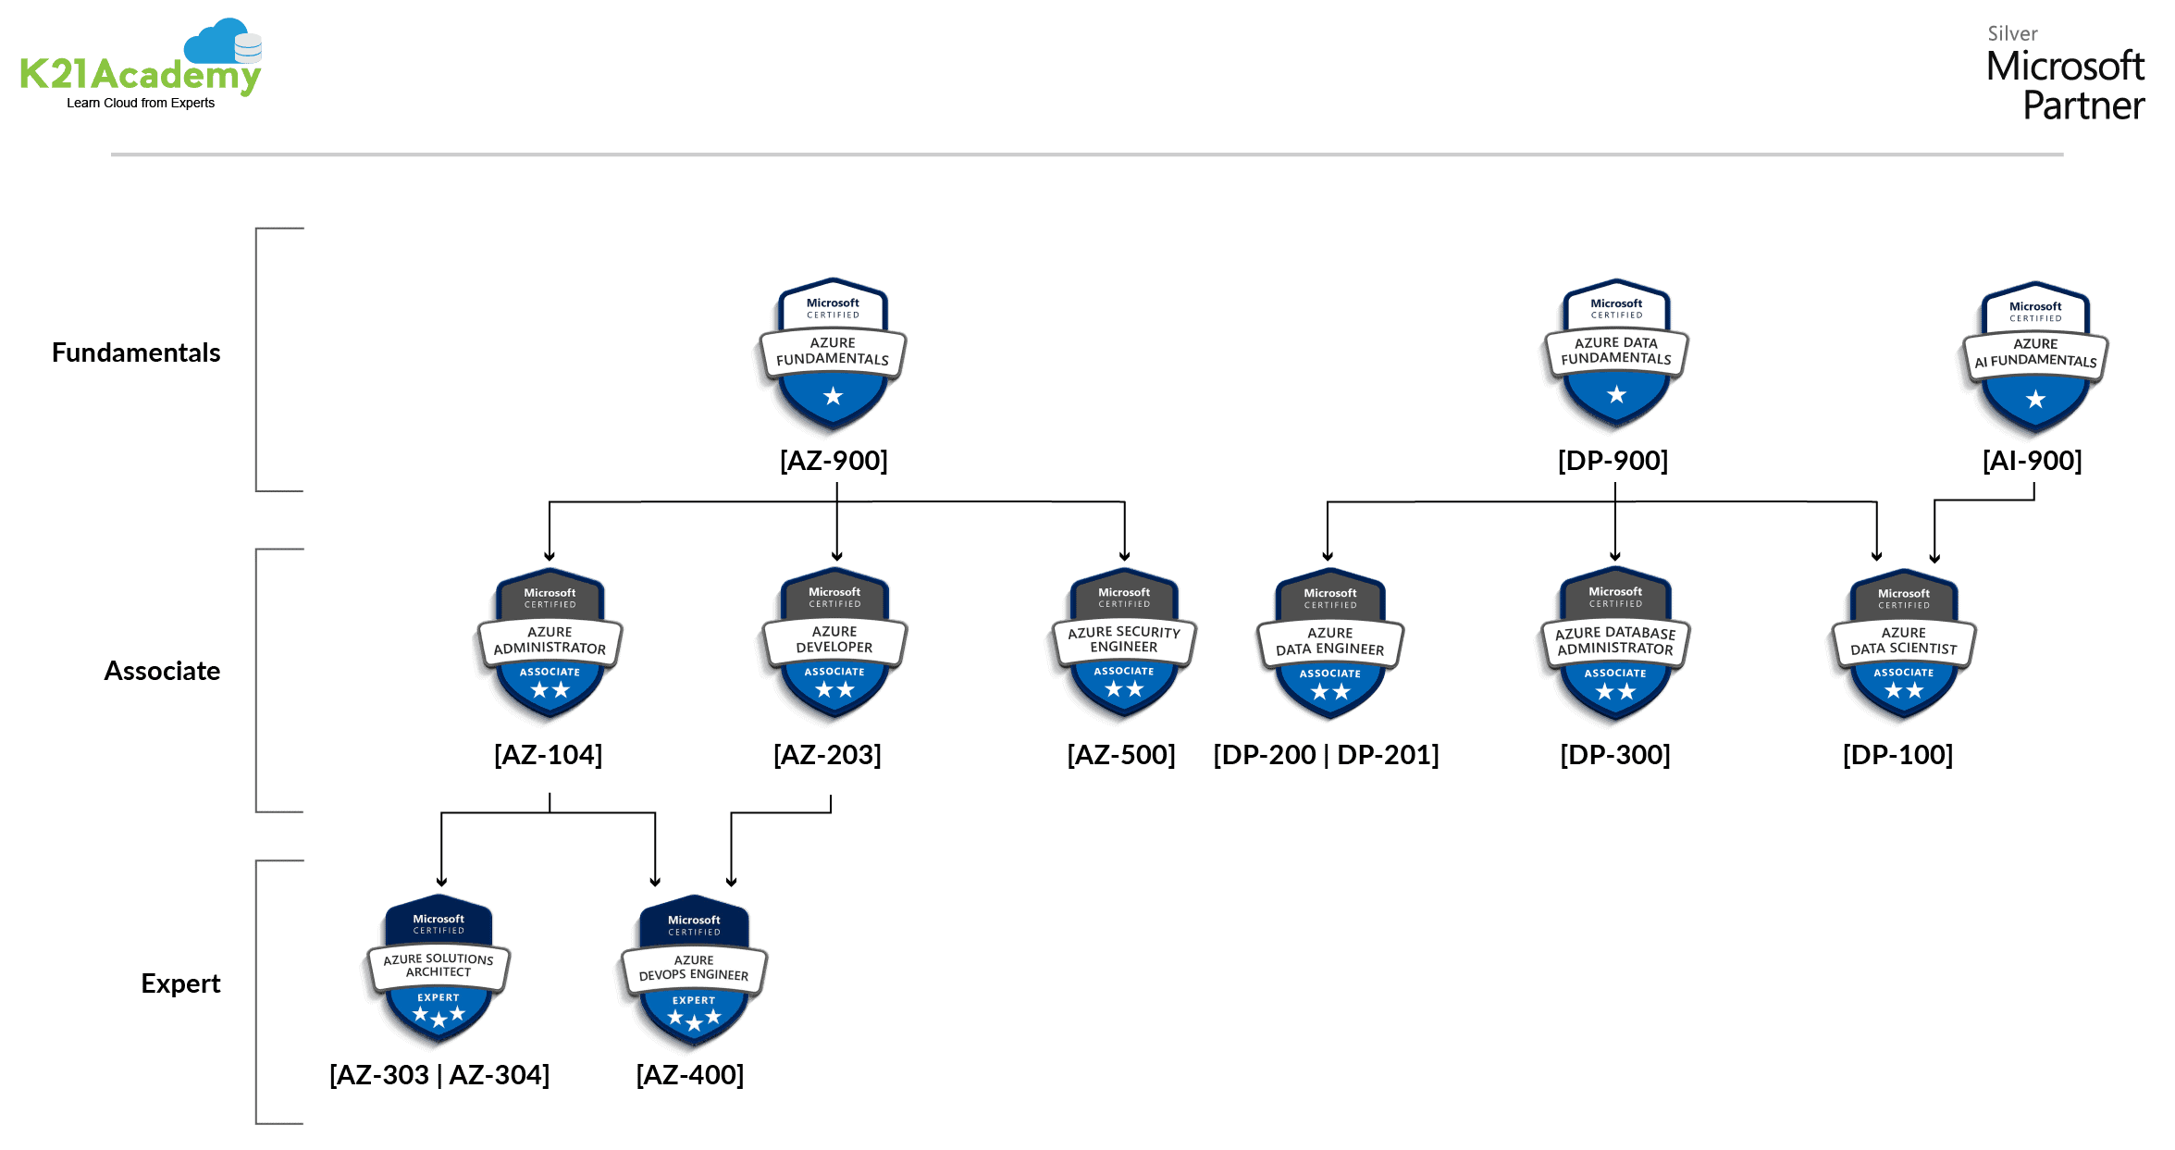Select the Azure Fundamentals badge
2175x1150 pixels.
click(x=833, y=353)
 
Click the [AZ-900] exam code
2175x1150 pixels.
click(x=834, y=460)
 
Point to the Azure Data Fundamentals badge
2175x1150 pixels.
click(x=1616, y=353)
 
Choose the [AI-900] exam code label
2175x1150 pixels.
click(x=2032, y=460)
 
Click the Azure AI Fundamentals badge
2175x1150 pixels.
click(x=2035, y=357)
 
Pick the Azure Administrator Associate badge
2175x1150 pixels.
click(x=550, y=644)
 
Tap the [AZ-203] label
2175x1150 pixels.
click(x=827, y=754)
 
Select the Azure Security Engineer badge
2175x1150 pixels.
click(x=1124, y=643)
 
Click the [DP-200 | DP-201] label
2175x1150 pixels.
click(x=1326, y=754)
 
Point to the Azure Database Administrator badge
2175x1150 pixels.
click(x=1615, y=644)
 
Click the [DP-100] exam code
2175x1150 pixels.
click(x=1897, y=754)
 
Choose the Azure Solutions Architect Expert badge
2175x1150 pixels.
click(x=439, y=970)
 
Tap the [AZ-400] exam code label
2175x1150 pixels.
click(x=689, y=1074)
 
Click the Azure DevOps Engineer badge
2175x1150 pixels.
click(x=694, y=971)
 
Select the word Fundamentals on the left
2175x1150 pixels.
click(x=136, y=352)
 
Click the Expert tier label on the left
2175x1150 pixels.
click(x=180, y=983)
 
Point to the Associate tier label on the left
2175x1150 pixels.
click(x=162, y=671)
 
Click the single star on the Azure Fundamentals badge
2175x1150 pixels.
click(x=833, y=397)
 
